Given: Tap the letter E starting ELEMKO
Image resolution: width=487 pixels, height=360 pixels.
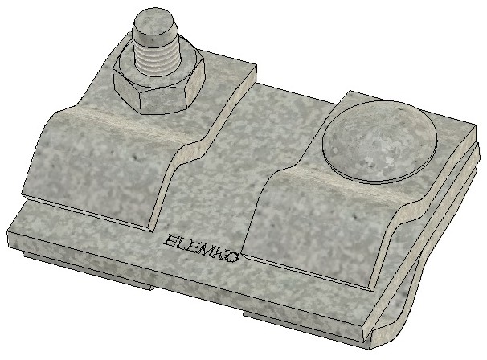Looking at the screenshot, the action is [170, 240].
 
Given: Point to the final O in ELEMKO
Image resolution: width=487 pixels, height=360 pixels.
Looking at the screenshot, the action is [233, 257].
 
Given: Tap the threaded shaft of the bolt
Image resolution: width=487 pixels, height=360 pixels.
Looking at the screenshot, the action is [158, 59].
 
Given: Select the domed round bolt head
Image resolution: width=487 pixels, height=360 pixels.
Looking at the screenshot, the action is [379, 141].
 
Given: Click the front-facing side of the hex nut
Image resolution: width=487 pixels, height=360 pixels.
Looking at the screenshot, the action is [164, 102].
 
